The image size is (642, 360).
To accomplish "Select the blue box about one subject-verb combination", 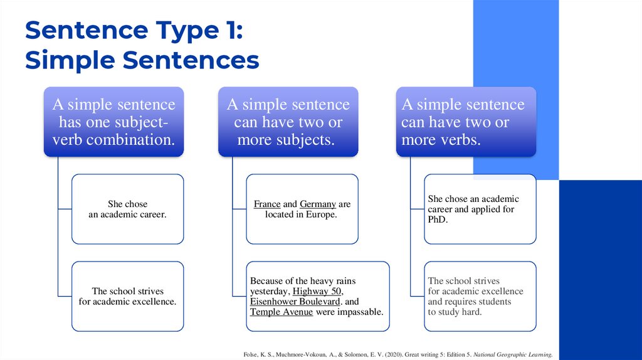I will pos(113,122).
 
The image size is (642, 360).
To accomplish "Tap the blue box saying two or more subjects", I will pos(288,122).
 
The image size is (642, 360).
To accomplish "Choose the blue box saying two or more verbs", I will pos(466,122).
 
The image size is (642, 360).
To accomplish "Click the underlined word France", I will pos(267,204).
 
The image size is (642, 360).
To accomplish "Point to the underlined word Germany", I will pos(318,204).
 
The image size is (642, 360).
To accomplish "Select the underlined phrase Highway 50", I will pos(317,291).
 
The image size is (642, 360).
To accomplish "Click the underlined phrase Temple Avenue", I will pos(282,311).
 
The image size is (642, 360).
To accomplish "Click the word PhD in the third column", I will pos(438,220).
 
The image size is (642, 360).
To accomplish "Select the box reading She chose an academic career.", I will pos(127,209).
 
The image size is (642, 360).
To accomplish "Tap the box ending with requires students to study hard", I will pos(480,296).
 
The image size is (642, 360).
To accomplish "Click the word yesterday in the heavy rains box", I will pos(269,291).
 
